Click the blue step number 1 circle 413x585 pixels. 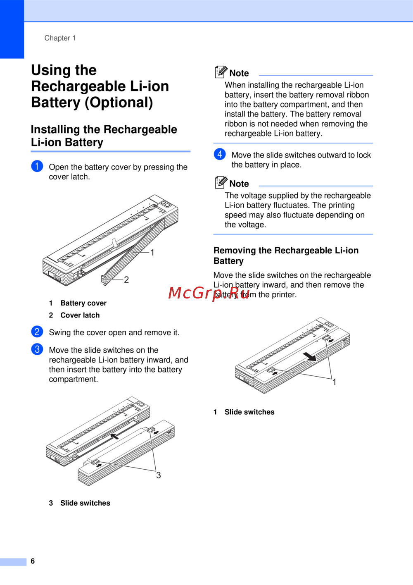pyautogui.click(x=37, y=166)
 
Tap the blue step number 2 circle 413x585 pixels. pyautogui.click(x=37, y=332)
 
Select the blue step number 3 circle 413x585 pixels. pyautogui.click(x=37, y=349)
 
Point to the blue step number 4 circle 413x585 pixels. pyautogui.click(x=220, y=154)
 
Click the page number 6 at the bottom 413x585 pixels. pyautogui.click(x=33, y=561)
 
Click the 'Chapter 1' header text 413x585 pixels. pyautogui.click(x=60, y=38)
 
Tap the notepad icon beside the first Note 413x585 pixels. pyautogui.click(x=221, y=72)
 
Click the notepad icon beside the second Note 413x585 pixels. pyautogui.click(x=221, y=182)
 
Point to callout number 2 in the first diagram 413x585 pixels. pyautogui.click(x=126, y=280)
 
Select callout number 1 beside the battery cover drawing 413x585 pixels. pyautogui.click(x=152, y=253)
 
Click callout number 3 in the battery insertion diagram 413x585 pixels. pyautogui.click(x=159, y=475)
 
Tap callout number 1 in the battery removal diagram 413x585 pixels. pyautogui.click(x=335, y=382)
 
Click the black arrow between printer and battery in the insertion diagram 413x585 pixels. pyautogui.click(x=114, y=435)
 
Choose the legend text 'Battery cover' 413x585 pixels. pyautogui.click(x=83, y=303)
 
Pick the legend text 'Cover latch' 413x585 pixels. pyautogui.click(x=80, y=315)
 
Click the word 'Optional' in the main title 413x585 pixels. pyautogui.click(x=119, y=103)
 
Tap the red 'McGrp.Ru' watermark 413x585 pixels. pyautogui.click(x=209, y=293)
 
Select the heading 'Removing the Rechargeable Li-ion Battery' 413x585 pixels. pyautogui.click(x=286, y=255)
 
